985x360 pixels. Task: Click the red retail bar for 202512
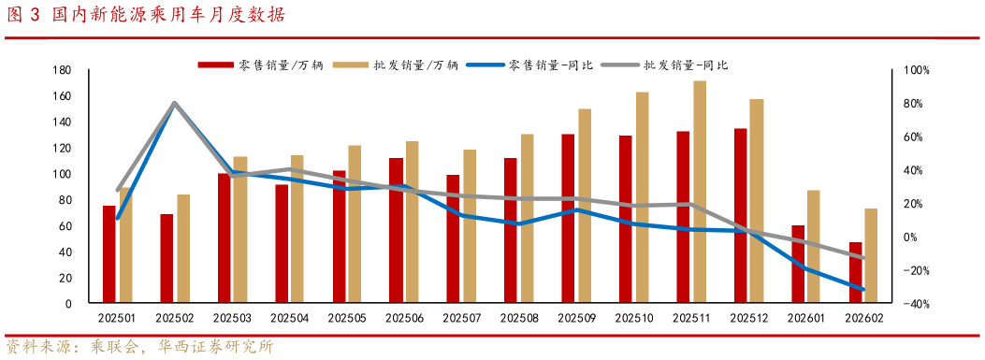click(x=740, y=216)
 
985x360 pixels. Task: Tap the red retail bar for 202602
click(x=855, y=272)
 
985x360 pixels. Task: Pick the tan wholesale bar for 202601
click(x=815, y=247)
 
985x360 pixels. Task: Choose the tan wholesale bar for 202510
click(x=643, y=197)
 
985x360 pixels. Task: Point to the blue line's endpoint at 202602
click(x=862, y=290)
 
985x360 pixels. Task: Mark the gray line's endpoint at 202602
click(x=862, y=258)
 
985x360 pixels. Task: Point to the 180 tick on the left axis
click(x=64, y=70)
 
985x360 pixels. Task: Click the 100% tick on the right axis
click(x=914, y=70)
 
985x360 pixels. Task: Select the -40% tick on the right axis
click(x=914, y=304)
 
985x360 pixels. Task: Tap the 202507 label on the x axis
click(x=461, y=319)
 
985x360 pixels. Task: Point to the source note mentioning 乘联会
click(x=140, y=346)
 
